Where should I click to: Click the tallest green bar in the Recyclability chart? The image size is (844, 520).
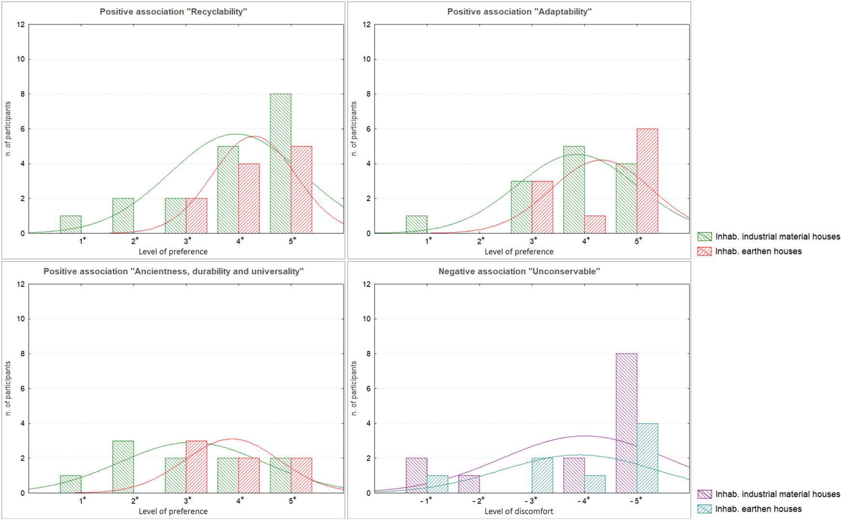[x=280, y=164]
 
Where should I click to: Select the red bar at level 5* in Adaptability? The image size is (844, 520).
[x=647, y=181]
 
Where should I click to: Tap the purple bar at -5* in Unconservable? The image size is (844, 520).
[x=626, y=423]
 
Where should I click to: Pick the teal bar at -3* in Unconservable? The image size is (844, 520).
[x=542, y=475]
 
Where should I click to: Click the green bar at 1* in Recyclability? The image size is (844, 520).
[x=70, y=225]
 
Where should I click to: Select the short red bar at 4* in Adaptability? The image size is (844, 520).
[x=595, y=225]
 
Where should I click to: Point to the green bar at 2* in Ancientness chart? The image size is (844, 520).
[x=123, y=467]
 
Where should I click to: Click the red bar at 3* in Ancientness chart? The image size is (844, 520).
[x=196, y=467]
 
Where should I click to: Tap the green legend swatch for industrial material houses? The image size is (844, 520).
[x=704, y=237]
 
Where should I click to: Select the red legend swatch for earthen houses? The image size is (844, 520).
[x=704, y=251]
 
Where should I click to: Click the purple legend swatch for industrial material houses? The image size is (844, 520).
[x=704, y=494]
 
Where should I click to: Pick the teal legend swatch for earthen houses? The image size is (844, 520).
[x=704, y=509]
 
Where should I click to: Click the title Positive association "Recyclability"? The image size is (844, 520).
[x=173, y=12]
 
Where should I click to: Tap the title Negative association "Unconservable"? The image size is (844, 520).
[x=519, y=271]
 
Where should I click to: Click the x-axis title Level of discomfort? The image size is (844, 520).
[x=519, y=511]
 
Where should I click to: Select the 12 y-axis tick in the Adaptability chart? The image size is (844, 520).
[x=366, y=25]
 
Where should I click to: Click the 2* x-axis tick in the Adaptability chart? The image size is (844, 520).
[x=481, y=241]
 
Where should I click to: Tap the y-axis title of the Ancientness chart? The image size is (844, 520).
[x=8, y=388]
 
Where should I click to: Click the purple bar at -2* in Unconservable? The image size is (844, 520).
[x=469, y=484]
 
